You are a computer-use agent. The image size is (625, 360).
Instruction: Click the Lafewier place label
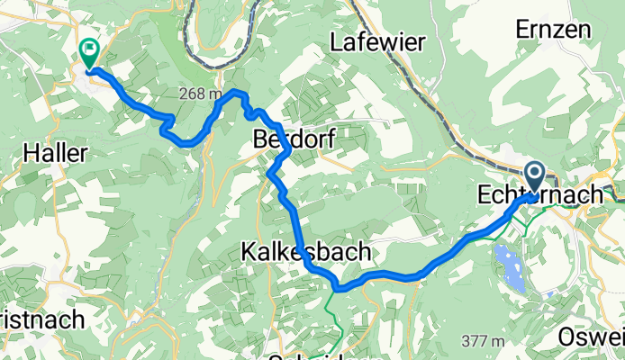376,41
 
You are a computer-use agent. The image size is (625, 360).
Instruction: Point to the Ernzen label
553,29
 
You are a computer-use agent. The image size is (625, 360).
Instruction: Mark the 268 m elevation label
200,94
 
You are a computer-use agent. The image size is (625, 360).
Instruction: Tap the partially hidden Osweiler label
591,337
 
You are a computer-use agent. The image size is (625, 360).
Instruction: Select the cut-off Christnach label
41,319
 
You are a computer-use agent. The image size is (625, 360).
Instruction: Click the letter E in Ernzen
521,29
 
